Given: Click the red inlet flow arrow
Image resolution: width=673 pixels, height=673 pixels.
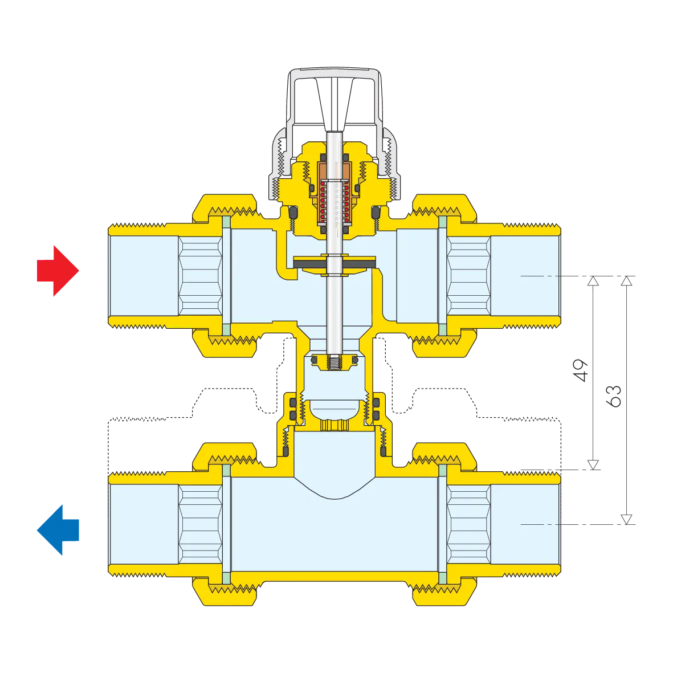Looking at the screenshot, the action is (58, 271).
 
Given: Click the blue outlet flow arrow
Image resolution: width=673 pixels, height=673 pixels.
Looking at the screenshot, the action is (58, 530).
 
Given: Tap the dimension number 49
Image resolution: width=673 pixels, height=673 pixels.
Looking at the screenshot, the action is (580, 370).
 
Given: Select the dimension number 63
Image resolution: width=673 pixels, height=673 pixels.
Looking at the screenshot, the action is (614, 396).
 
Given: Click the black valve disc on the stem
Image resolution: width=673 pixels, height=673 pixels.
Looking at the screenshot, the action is (335, 263).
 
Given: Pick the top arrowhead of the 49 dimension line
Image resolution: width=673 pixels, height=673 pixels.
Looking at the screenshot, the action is (593, 281).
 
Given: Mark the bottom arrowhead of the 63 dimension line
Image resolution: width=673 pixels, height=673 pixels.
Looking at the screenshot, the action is (627, 519).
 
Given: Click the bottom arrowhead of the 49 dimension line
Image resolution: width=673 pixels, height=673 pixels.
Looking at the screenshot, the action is (593, 465).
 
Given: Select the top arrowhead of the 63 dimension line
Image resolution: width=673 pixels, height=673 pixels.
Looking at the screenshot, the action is (627, 281).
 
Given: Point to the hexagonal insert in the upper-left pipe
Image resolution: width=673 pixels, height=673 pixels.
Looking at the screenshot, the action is (200, 276).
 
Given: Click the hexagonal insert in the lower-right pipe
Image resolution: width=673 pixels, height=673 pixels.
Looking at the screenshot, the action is (468, 524).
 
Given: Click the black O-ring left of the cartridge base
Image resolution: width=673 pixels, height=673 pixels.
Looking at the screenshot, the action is (293, 212).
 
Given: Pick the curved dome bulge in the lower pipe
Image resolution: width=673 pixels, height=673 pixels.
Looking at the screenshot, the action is (335, 490).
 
